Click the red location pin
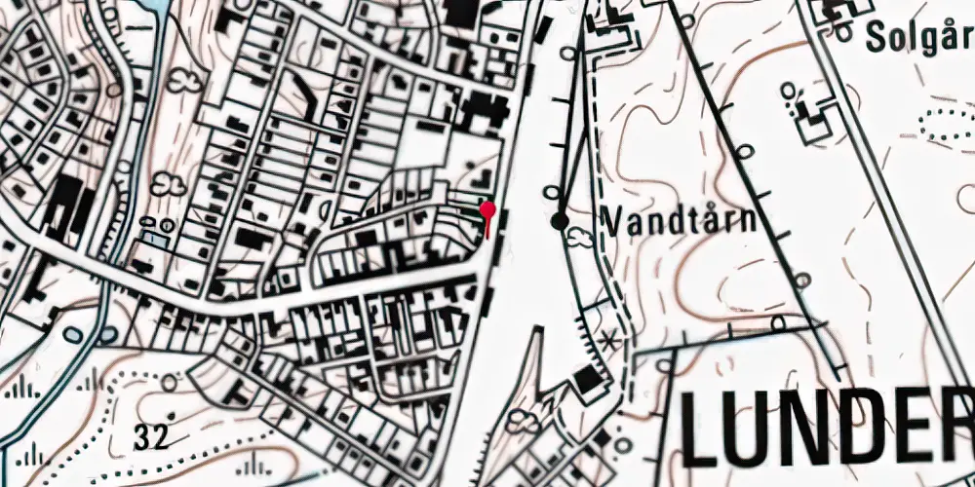[x=488, y=210]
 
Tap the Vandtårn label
[x=679, y=220]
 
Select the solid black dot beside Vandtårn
[x=560, y=221]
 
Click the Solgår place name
[x=919, y=38]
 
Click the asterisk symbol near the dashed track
[x=611, y=341]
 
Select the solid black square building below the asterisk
[x=586, y=381]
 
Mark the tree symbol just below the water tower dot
[x=580, y=237]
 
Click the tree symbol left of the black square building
[x=526, y=421]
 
